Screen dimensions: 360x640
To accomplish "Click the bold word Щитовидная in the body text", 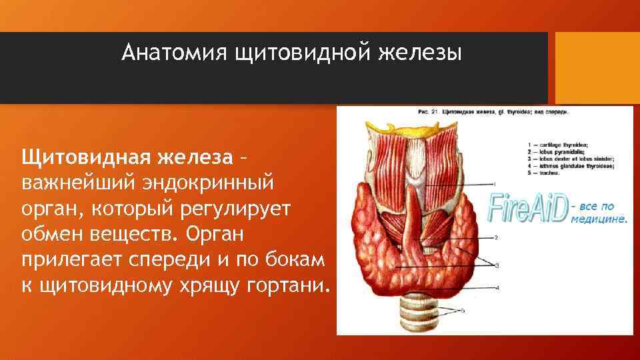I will pos(83,159).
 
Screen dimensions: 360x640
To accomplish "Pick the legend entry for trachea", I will pos(553,173).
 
